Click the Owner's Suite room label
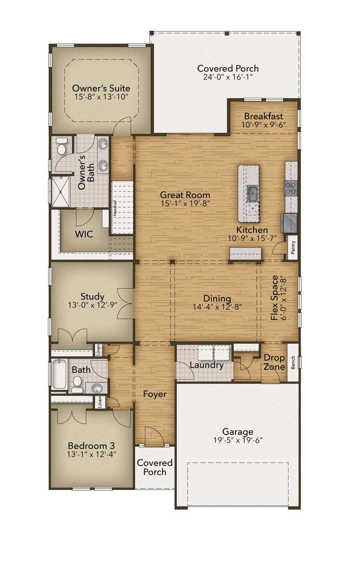[101, 89]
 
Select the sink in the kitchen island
[252, 193]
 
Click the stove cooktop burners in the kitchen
[291, 188]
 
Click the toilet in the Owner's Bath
[61, 147]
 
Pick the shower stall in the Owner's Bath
[61, 192]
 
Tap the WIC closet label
[84, 234]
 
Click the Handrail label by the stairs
[115, 208]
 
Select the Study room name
[93, 297]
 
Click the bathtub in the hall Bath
[59, 374]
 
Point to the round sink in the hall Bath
[96, 388]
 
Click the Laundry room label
[207, 365]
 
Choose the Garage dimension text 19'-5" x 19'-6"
[238, 447]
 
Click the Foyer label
[155, 394]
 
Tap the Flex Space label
[275, 298]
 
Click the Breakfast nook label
[263, 116]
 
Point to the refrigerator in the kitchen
[289, 223]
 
